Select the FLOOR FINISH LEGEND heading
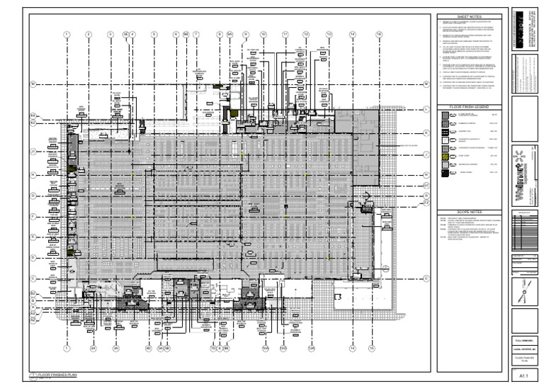point(470,106)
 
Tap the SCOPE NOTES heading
point(470,211)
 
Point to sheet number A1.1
point(524,373)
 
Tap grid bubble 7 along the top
point(196,34)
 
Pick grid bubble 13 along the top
point(329,34)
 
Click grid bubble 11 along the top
point(285,34)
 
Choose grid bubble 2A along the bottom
point(92,349)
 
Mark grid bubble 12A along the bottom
point(310,349)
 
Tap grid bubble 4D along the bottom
point(148,349)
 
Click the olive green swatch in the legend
point(444,156)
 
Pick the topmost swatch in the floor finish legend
point(444,115)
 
